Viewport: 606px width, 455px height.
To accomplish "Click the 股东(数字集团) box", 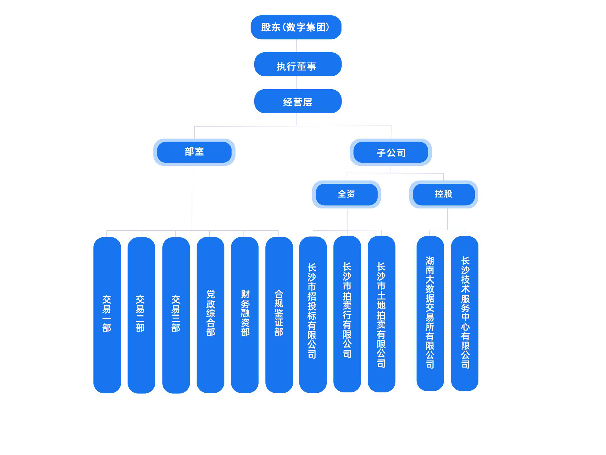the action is (296, 27).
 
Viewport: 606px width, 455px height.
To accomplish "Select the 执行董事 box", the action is (298, 64).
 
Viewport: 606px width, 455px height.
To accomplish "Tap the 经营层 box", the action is (298, 101).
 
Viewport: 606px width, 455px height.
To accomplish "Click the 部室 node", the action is (194, 152).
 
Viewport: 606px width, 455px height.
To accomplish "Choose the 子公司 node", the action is (391, 152).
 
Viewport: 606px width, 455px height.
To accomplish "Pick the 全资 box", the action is (346, 195).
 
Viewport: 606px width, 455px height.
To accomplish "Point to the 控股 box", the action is (443, 195).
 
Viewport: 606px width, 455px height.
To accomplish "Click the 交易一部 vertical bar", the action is (107, 315).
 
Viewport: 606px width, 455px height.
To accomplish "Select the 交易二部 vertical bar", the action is (141, 315).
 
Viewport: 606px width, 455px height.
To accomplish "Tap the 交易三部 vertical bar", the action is (176, 315).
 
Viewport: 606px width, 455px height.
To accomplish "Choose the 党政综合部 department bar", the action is (210, 315).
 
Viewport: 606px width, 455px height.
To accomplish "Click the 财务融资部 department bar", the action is (245, 315).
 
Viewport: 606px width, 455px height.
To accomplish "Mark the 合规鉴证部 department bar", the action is (279, 315).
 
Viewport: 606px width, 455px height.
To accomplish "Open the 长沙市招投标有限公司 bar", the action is (313, 315).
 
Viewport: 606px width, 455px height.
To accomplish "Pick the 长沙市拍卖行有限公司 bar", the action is (347, 314).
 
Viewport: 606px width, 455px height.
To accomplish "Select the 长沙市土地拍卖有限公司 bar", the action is (382, 314).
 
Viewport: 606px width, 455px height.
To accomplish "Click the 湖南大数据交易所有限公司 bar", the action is (430, 313).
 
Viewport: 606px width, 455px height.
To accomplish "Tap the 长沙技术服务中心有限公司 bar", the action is (465, 313).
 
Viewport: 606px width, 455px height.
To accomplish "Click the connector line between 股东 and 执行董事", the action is (296, 46).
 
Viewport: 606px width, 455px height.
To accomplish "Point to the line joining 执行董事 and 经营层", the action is (296, 83).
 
